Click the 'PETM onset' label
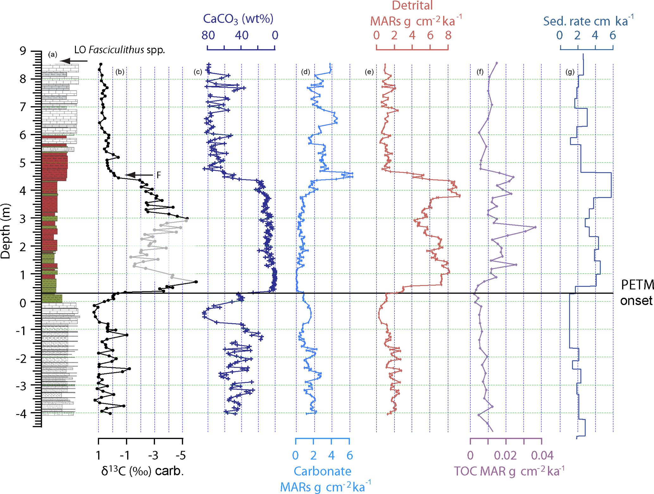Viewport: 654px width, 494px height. coord(637,293)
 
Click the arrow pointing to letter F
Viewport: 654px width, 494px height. coord(139,175)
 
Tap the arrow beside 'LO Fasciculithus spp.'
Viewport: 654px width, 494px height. coord(74,61)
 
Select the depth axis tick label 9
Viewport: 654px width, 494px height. coord(23,51)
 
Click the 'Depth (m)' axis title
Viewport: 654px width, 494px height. coord(6,231)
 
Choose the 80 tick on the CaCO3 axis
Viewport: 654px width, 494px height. coord(208,35)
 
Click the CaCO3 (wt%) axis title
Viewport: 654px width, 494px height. coord(238,19)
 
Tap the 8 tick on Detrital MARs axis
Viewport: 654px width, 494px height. coord(448,35)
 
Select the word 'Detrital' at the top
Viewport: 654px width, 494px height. coord(412,6)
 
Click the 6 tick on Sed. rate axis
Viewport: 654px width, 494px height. coord(613,35)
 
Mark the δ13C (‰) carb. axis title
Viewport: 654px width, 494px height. coord(142,471)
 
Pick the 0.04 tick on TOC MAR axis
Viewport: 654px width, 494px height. coord(542,455)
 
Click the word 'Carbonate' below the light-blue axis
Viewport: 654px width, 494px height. coord(322,471)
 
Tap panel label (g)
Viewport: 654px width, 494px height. coord(570,72)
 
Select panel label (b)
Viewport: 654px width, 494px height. coord(120,72)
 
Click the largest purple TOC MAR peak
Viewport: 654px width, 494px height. coord(535,227)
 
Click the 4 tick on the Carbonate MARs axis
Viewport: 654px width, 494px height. coord(331,455)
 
